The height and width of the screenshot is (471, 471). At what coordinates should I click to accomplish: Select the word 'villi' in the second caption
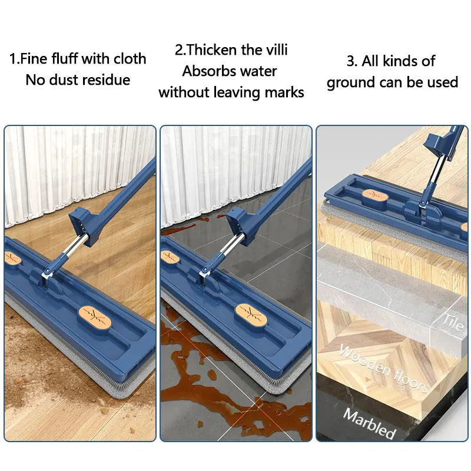pos(273,50)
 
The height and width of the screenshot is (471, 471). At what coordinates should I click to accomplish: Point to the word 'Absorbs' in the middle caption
pos(207,71)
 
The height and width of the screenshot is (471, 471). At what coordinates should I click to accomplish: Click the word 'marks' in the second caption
pos(284,92)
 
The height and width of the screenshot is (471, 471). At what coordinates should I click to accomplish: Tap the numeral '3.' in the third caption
pos(352,61)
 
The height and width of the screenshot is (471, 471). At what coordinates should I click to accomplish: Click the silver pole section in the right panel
pos(431,177)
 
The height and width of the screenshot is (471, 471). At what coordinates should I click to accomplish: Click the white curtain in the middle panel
pos(235,171)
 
